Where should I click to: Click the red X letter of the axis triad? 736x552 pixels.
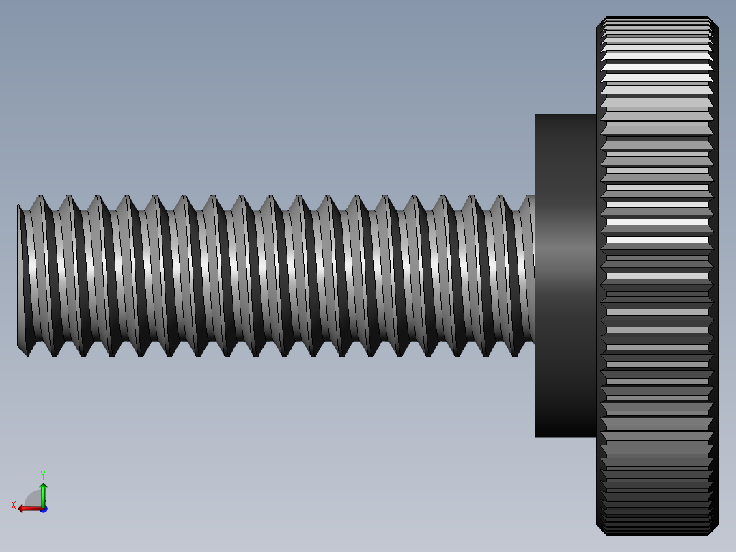14,505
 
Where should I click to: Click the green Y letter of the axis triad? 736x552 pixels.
42,474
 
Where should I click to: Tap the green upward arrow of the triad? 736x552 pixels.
43,493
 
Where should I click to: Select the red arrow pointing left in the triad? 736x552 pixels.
27,508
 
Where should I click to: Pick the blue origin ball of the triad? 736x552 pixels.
43,509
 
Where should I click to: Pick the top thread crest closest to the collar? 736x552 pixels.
505,197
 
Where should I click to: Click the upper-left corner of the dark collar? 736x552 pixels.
536,115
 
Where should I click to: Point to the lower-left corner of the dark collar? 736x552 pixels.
536,436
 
